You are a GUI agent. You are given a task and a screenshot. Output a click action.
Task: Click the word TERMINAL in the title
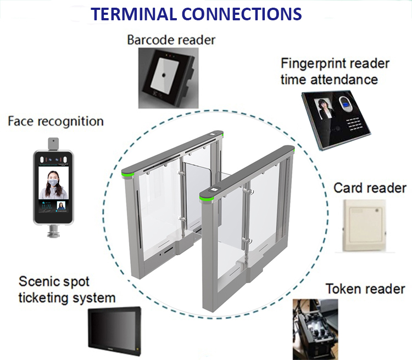tap(133, 14)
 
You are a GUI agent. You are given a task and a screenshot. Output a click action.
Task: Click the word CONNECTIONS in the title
tap(242, 14)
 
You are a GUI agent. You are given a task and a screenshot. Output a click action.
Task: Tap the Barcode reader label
tap(171, 40)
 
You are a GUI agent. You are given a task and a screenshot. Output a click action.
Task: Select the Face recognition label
tap(55, 121)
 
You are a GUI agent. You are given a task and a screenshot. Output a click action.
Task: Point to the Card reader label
tap(370, 188)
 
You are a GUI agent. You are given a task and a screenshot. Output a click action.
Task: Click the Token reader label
tap(365, 289)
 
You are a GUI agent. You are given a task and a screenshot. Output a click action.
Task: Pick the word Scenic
tap(40, 281)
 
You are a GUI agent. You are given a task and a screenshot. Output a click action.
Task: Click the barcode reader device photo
tap(169, 78)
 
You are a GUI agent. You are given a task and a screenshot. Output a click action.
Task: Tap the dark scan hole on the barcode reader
tap(164, 75)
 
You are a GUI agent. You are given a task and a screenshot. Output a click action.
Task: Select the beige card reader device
tap(364, 226)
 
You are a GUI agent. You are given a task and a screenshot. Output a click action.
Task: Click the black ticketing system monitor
tap(115, 330)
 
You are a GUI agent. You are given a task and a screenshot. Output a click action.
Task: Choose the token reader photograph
tap(315, 329)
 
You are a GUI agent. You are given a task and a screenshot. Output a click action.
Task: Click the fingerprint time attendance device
tap(336, 120)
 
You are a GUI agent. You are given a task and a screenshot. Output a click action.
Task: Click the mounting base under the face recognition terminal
tap(53, 231)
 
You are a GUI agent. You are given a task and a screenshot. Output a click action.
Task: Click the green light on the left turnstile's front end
tap(127, 175)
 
